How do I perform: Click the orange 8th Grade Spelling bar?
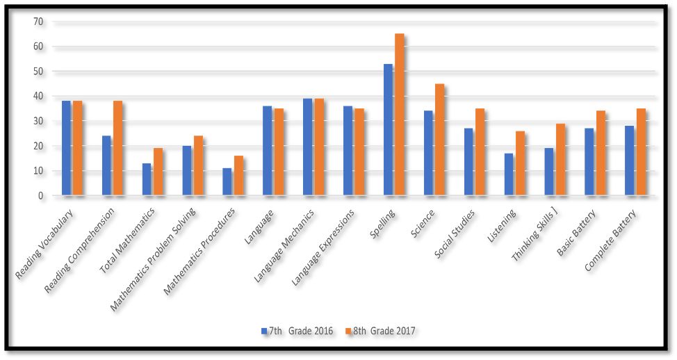click(x=400, y=115)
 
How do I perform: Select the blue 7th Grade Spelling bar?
click(x=388, y=130)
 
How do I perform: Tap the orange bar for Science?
click(x=439, y=140)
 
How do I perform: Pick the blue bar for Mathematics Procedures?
click(x=227, y=182)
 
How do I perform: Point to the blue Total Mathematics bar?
click(x=146, y=179)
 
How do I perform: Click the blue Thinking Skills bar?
click(x=548, y=172)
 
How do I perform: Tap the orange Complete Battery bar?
click(x=640, y=152)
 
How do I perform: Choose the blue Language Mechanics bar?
click(x=307, y=147)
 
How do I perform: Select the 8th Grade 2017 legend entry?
click(x=379, y=331)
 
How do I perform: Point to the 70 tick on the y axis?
click(x=38, y=22)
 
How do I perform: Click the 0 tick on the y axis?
click(x=40, y=196)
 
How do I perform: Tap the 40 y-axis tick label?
click(x=38, y=96)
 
